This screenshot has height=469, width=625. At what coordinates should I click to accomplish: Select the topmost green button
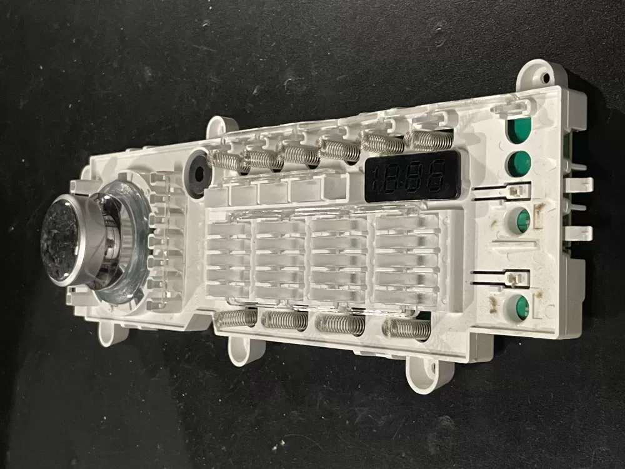pyautogui.click(x=519, y=129)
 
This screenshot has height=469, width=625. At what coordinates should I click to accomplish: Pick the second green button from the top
pyautogui.click(x=519, y=164)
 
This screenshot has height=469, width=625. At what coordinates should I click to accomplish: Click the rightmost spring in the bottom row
pyautogui.click(x=407, y=329)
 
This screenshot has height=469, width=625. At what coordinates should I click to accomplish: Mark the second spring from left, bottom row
pyautogui.click(x=284, y=321)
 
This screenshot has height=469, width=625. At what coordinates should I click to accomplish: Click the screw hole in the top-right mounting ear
pyautogui.click(x=545, y=78)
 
